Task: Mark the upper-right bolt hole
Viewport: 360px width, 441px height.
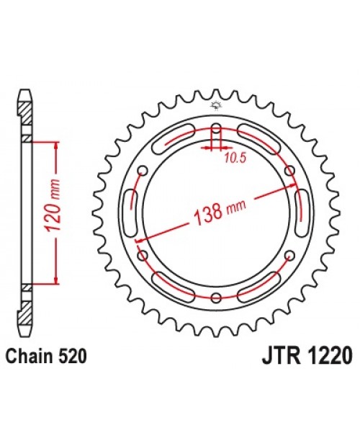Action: pyautogui.click(x=289, y=171)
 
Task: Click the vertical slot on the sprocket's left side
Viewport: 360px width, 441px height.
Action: pyautogui.click(x=132, y=213)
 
